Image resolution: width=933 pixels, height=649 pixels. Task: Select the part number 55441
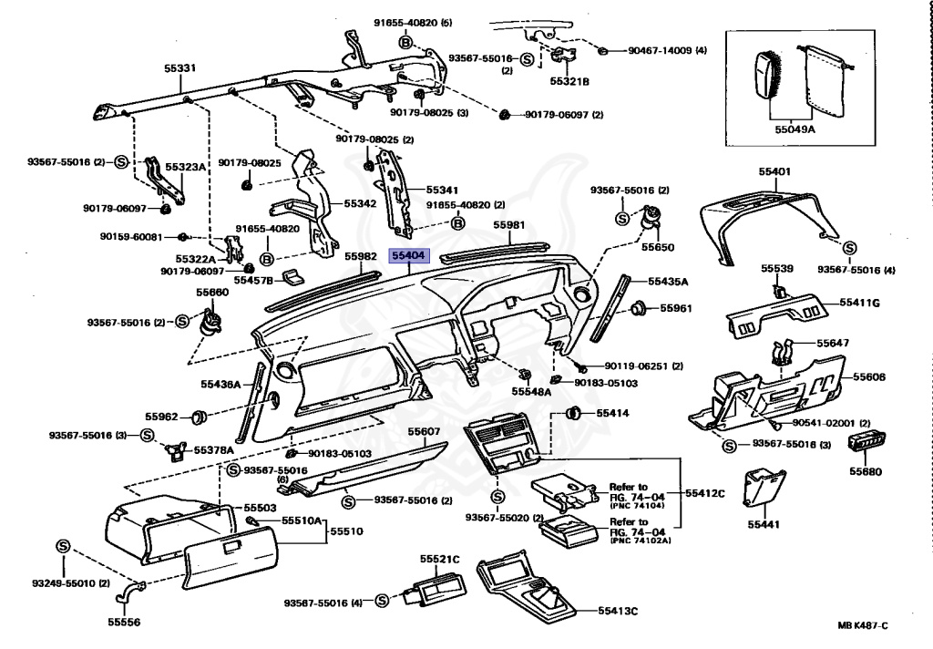(764, 524)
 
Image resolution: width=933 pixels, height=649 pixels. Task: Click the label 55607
(424, 431)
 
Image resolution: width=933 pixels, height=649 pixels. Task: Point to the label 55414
(612, 413)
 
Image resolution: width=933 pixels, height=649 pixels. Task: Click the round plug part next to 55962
(200, 417)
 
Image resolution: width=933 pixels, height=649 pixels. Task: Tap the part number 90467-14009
(667, 50)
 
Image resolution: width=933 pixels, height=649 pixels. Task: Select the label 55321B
(569, 81)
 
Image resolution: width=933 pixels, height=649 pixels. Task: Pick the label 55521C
(439, 558)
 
